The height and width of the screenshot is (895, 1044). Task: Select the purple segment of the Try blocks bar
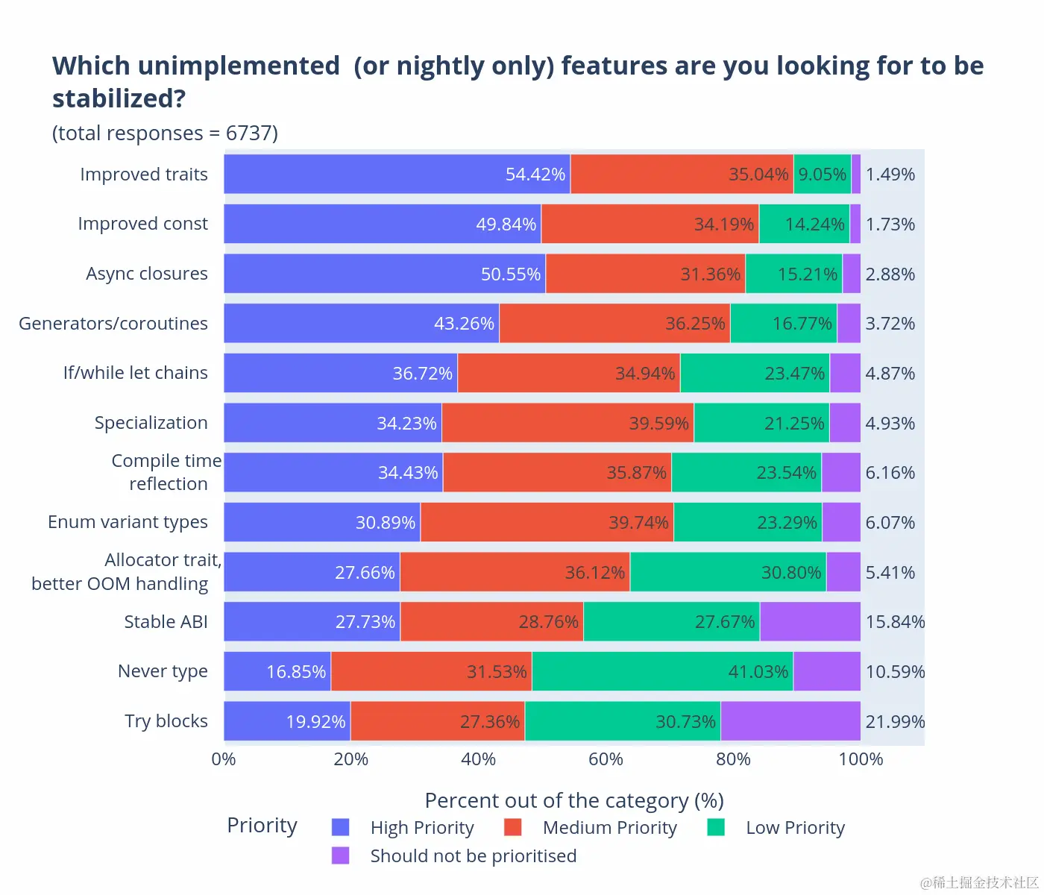(x=790, y=721)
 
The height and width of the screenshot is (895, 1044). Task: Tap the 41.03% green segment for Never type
(x=662, y=671)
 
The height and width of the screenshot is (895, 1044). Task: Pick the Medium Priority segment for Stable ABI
(x=491, y=621)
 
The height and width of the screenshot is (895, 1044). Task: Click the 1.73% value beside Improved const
(x=890, y=224)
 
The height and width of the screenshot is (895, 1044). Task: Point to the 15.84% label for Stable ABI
(x=895, y=621)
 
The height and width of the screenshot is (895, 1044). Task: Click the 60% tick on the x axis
(x=606, y=759)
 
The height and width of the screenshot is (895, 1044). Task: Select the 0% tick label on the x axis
(x=224, y=759)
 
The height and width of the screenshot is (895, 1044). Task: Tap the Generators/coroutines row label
(x=113, y=323)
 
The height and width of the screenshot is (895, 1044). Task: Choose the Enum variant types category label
(x=128, y=522)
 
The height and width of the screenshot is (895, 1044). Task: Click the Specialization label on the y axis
(x=151, y=423)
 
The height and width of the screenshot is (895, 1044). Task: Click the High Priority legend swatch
(x=341, y=827)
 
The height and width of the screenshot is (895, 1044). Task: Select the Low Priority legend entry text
(x=795, y=828)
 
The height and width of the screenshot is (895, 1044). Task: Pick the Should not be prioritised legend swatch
(x=341, y=855)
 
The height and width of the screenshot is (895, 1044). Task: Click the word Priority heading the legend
(x=262, y=826)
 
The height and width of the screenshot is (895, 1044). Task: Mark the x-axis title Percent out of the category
(x=573, y=800)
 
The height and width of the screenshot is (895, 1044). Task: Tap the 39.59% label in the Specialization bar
(x=658, y=423)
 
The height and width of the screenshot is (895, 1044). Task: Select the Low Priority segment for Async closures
(x=793, y=274)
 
